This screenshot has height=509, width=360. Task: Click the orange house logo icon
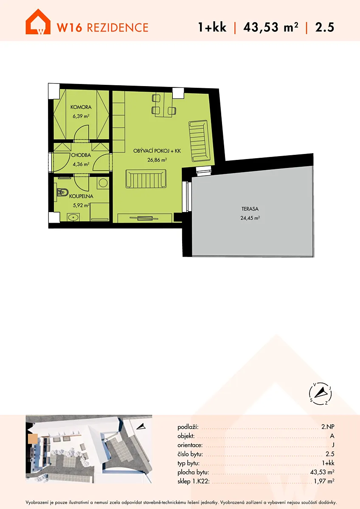[x=38, y=22]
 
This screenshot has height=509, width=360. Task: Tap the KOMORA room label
[x=81, y=107]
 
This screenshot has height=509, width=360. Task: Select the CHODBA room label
[x=81, y=155]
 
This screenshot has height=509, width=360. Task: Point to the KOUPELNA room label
[x=81, y=196]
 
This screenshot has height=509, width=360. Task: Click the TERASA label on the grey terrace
[x=250, y=209]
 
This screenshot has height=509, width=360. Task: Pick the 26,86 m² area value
[x=157, y=160]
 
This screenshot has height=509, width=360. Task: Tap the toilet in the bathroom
[x=62, y=193]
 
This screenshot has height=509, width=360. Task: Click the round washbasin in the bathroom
[x=73, y=217]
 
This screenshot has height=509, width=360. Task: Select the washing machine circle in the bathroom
[x=103, y=183]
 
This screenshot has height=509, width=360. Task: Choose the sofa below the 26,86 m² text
[x=146, y=179]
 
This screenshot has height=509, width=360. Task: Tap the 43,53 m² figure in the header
[x=270, y=27]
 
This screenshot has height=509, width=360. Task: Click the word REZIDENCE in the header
[x=118, y=28]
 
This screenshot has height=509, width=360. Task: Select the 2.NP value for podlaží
[x=328, y=427]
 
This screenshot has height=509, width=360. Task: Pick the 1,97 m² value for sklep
[x=324, y=481]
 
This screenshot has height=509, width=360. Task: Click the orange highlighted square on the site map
[x=33, y=439]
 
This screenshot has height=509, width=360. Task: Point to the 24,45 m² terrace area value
[x=250, y=218]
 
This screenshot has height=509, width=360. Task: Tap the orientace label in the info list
[x=190, y=445]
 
